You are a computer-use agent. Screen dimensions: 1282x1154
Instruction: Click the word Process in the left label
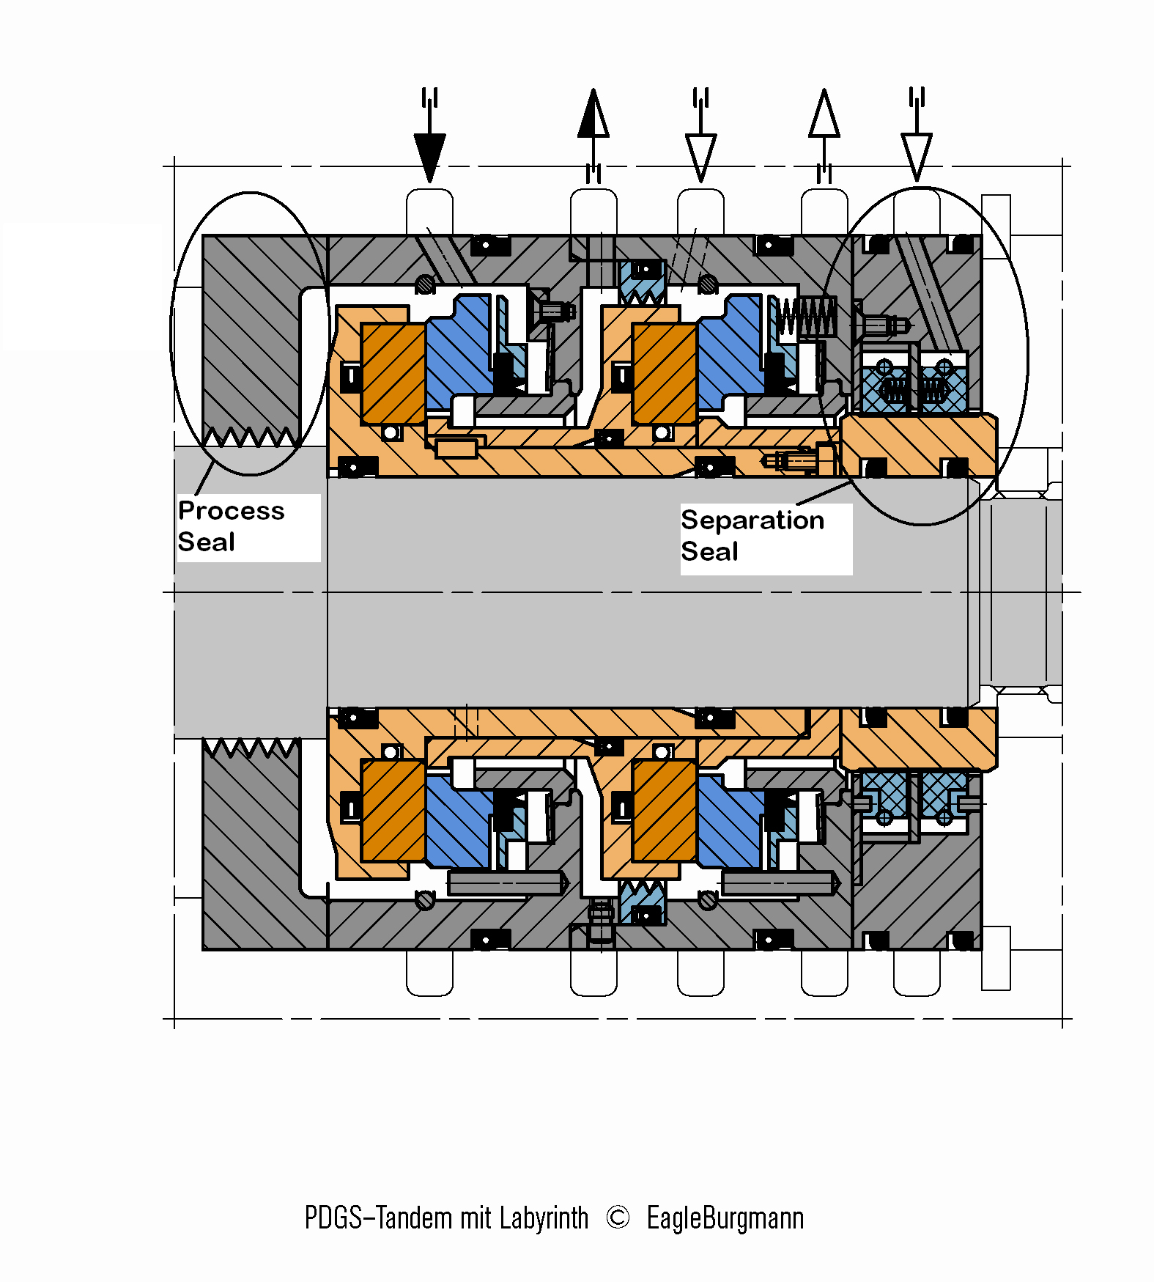(x=231, y=511)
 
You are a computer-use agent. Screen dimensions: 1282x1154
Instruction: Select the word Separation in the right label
(x=752, y=520)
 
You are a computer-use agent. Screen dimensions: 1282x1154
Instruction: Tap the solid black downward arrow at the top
(x=429, y=155)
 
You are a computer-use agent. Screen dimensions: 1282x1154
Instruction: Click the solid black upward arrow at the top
(x=593, y=115)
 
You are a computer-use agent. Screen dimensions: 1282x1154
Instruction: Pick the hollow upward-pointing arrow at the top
(x=824, y=115)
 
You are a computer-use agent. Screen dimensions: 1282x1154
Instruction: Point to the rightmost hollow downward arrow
(x=917, y=155)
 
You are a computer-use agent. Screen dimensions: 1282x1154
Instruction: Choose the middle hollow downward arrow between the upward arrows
(x=700, y=155)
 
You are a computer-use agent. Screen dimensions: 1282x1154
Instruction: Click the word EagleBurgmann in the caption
(x=725, y=1218)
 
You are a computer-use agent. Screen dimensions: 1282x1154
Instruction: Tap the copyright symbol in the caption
(x=618, y=1217)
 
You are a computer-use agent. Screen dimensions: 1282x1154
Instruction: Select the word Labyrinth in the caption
(x=544, y=1218)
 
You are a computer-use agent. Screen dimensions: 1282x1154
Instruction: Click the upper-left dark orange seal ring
(x=393, y=374)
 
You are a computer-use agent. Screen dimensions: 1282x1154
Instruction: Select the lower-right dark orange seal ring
(x=665, y=810)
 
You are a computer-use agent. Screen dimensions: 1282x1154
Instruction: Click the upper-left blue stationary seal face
(x=458, y=352)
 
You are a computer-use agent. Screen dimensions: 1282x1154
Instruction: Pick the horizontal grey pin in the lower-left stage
(x=506, y=883)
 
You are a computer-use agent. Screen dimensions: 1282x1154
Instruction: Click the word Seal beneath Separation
(x=709, y=552)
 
